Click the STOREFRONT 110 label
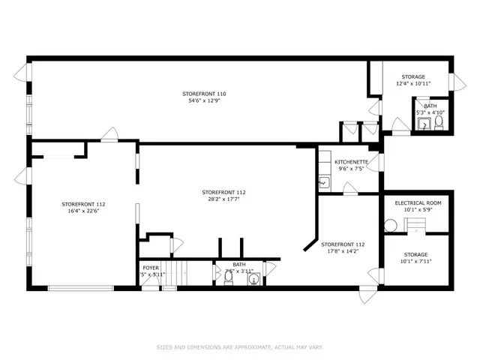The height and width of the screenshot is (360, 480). click(204, 94)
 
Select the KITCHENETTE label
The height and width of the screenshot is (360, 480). click(351, 162)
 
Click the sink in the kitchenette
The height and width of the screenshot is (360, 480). click(323, 181)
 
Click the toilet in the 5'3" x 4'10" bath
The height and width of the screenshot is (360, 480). click(439, 123)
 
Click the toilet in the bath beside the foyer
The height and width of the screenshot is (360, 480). click(228, 279)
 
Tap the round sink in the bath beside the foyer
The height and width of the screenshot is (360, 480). click(253, 280)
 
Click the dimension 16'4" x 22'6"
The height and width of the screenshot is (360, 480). click(83, 211)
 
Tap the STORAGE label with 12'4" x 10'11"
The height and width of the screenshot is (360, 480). click(412, 76)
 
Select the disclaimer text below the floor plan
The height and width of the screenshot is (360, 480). click(239, 347)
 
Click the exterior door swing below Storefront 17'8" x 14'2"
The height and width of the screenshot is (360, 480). click(364, 296)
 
